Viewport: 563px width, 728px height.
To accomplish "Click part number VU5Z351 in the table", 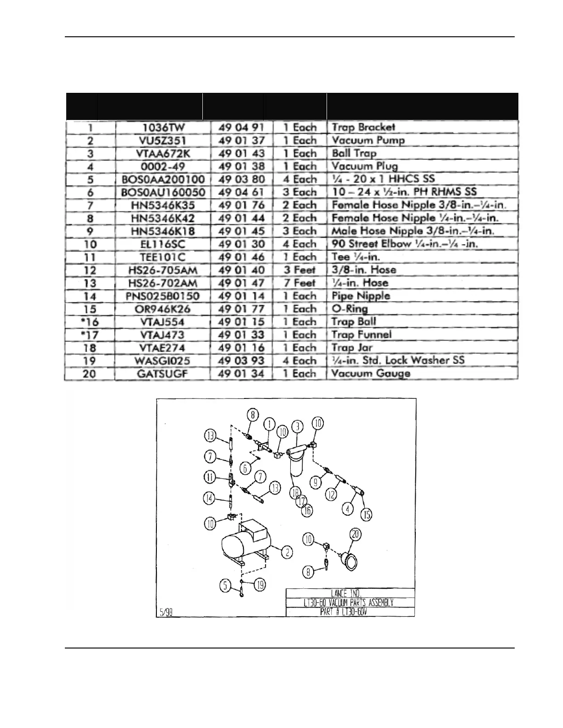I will pyautogui.click(x=162, y=141).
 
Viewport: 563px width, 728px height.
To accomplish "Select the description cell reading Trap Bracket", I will pyautogui.click(x=363, y=127).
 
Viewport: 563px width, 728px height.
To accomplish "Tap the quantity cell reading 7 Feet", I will pyautogui.click(x=299, y=283).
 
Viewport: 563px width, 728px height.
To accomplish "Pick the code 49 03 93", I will pyautogui.click(x=241, y=361).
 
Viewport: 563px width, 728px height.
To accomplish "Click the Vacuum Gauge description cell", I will pyautogui.click(x=371, y=374).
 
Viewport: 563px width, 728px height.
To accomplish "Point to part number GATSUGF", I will pyautogui.click(x=162, y=374).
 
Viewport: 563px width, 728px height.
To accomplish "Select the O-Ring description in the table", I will pyautogui.click(x=350, y=309).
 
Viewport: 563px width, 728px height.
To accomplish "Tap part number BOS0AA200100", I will pyautogui.click(x=162, y=179).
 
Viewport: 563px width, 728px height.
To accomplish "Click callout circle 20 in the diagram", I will pyautogui.click(x=356, y=534).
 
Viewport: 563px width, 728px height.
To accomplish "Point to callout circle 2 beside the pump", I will pyautogui.click(x=287, y=552).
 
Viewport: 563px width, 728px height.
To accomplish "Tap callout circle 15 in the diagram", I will pyautogui.click(x=366, y=514).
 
